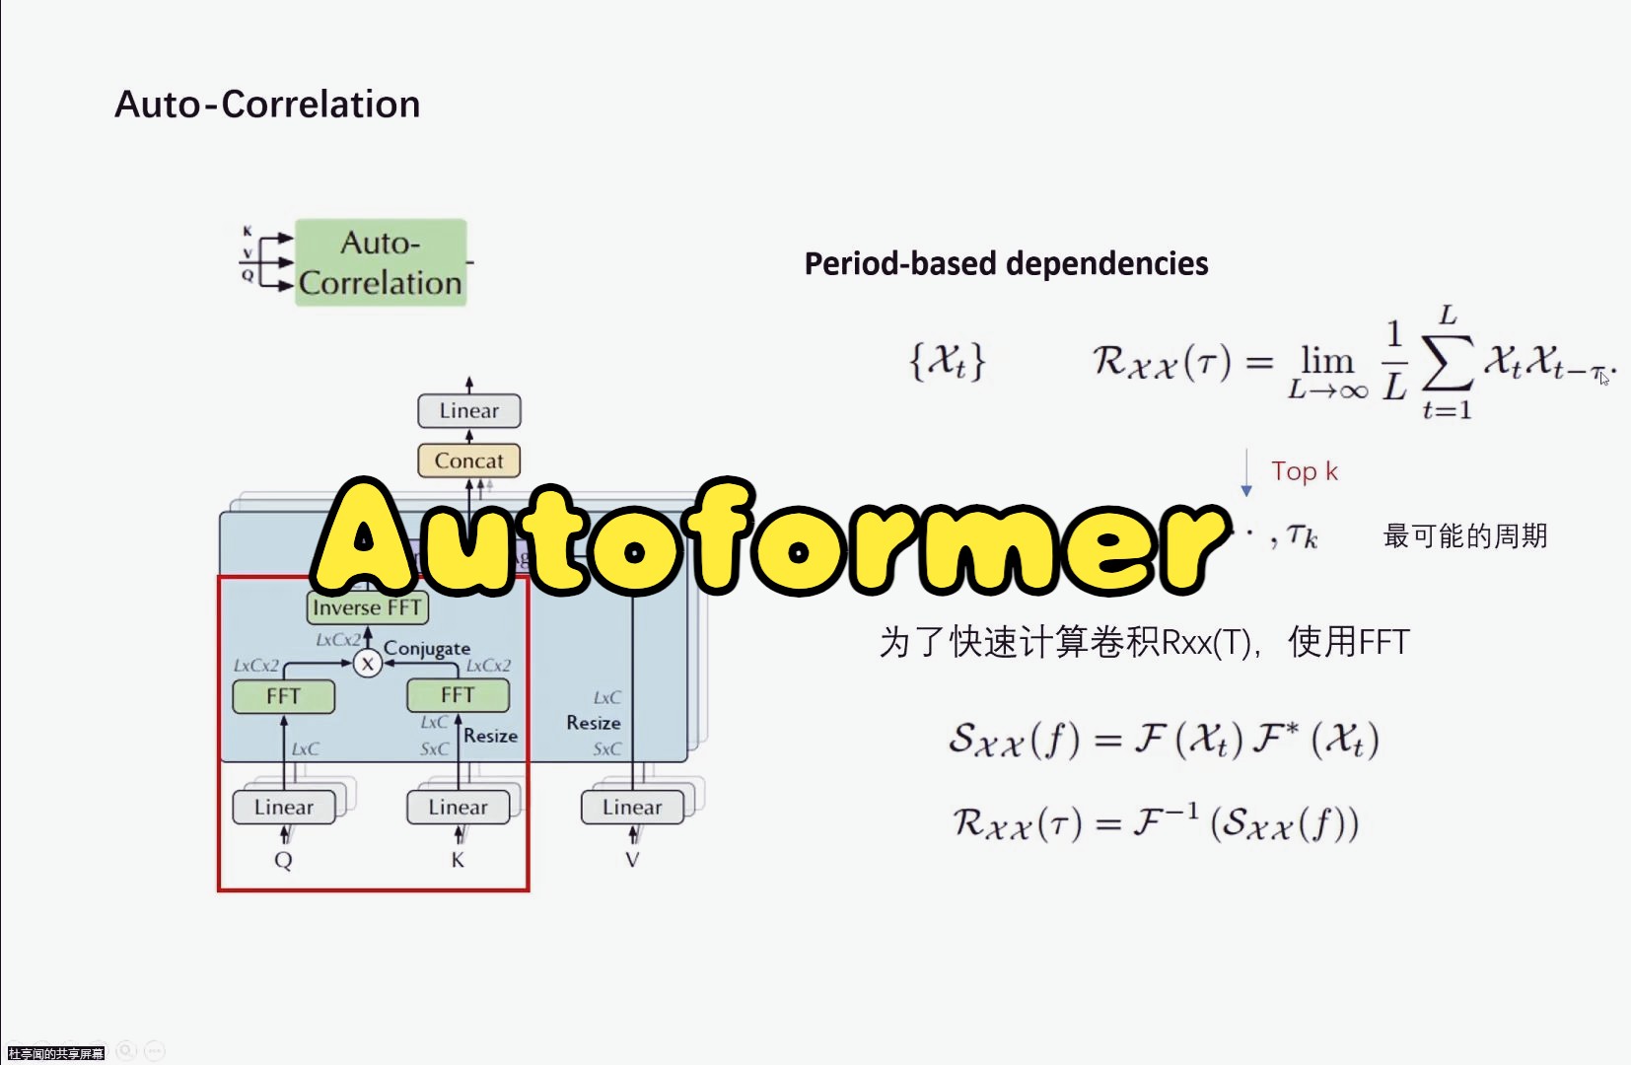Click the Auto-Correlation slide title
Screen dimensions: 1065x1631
(267, 105)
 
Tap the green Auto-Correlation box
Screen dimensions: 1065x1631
(381, 262)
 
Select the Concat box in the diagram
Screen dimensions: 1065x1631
(468, 461)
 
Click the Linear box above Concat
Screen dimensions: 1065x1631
(468, 410)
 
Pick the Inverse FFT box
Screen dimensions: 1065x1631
(367, 607)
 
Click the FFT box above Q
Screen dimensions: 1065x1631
(283, 696)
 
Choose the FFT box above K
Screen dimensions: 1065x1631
(458, 695)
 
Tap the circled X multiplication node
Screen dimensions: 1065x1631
(368, 664)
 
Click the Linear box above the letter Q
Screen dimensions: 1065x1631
(284, 807)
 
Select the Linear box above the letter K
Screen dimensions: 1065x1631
(458, 807)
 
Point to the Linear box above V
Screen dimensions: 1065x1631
(632, 807)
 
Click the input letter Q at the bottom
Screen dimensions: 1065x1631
(283, 861)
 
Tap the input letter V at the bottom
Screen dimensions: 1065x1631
(632, 860)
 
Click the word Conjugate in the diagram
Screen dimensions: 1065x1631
(427, 648)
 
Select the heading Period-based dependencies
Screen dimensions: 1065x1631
(1006, 263)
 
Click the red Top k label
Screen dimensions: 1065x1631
(1304, 471)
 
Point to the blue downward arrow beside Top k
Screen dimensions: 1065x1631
(1246, 474)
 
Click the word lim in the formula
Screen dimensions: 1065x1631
(1326, 360)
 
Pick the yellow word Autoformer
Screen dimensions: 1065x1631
(769, 537)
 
